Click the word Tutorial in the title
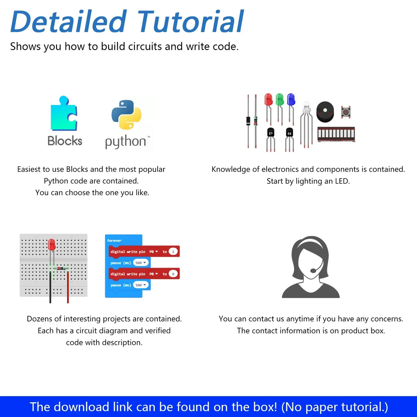pos(191,21)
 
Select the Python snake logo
pos(126,115)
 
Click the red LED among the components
pos(268,100)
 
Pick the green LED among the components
pos(280,100)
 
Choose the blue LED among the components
pos(291,100)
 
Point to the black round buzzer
pos(325,112)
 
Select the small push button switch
pos(346,112)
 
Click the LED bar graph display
pos(336,134)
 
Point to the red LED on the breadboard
pos(52,245)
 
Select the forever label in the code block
pos(114,240)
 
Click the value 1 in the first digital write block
pos(173,252)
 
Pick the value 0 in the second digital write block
pos(173,274)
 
